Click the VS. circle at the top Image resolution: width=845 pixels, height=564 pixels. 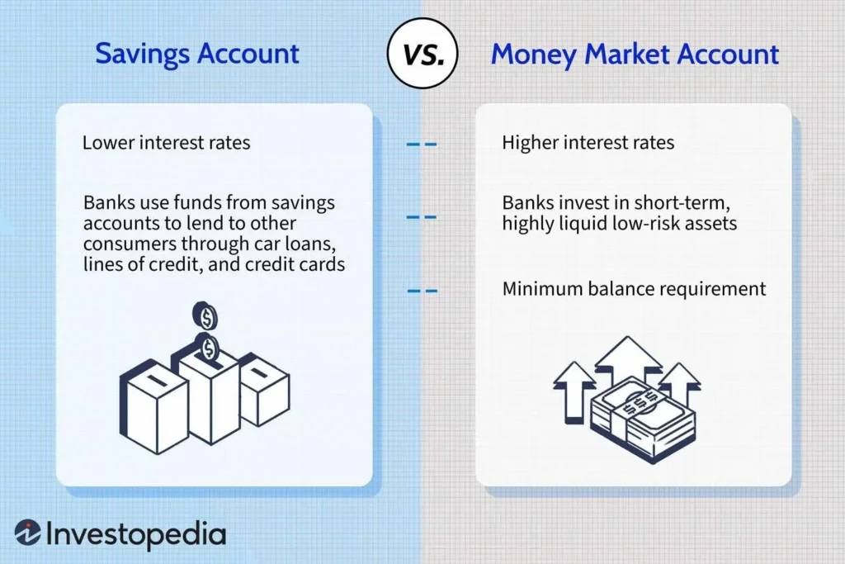422,55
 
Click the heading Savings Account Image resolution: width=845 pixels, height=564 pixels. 197,55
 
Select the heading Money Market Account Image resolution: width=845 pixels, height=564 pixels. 635,55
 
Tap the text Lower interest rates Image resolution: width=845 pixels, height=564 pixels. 166,143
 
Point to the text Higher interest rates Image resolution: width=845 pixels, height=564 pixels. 588,143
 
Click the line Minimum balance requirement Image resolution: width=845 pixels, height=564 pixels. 634,289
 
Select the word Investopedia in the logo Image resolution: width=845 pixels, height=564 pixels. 136,534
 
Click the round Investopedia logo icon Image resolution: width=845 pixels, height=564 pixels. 27,533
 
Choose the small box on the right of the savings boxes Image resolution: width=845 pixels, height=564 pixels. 264,388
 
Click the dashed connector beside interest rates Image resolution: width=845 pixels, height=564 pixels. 422,144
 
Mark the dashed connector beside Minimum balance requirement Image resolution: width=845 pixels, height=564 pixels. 422,290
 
